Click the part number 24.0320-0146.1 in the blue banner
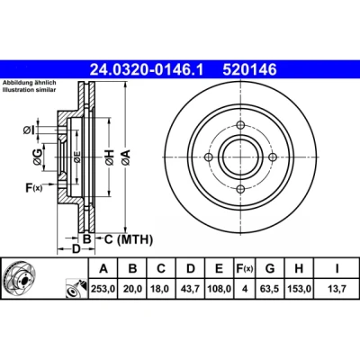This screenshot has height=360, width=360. [x=147, y=70]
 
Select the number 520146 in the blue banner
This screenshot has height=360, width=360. [x=249, y=70]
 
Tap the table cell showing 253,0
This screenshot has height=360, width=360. [x=103, y=289]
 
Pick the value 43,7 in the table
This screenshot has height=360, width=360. [x=191, y=289]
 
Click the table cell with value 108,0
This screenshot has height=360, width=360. [x=220, y=289]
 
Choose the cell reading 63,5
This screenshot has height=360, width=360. [x=270, y=289]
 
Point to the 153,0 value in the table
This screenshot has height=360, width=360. [x=299, y=289]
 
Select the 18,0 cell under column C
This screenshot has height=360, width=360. [x=161, y=289]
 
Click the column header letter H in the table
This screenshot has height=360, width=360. [x=299, y=268]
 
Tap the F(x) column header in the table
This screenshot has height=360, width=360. [x=245, y=268]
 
